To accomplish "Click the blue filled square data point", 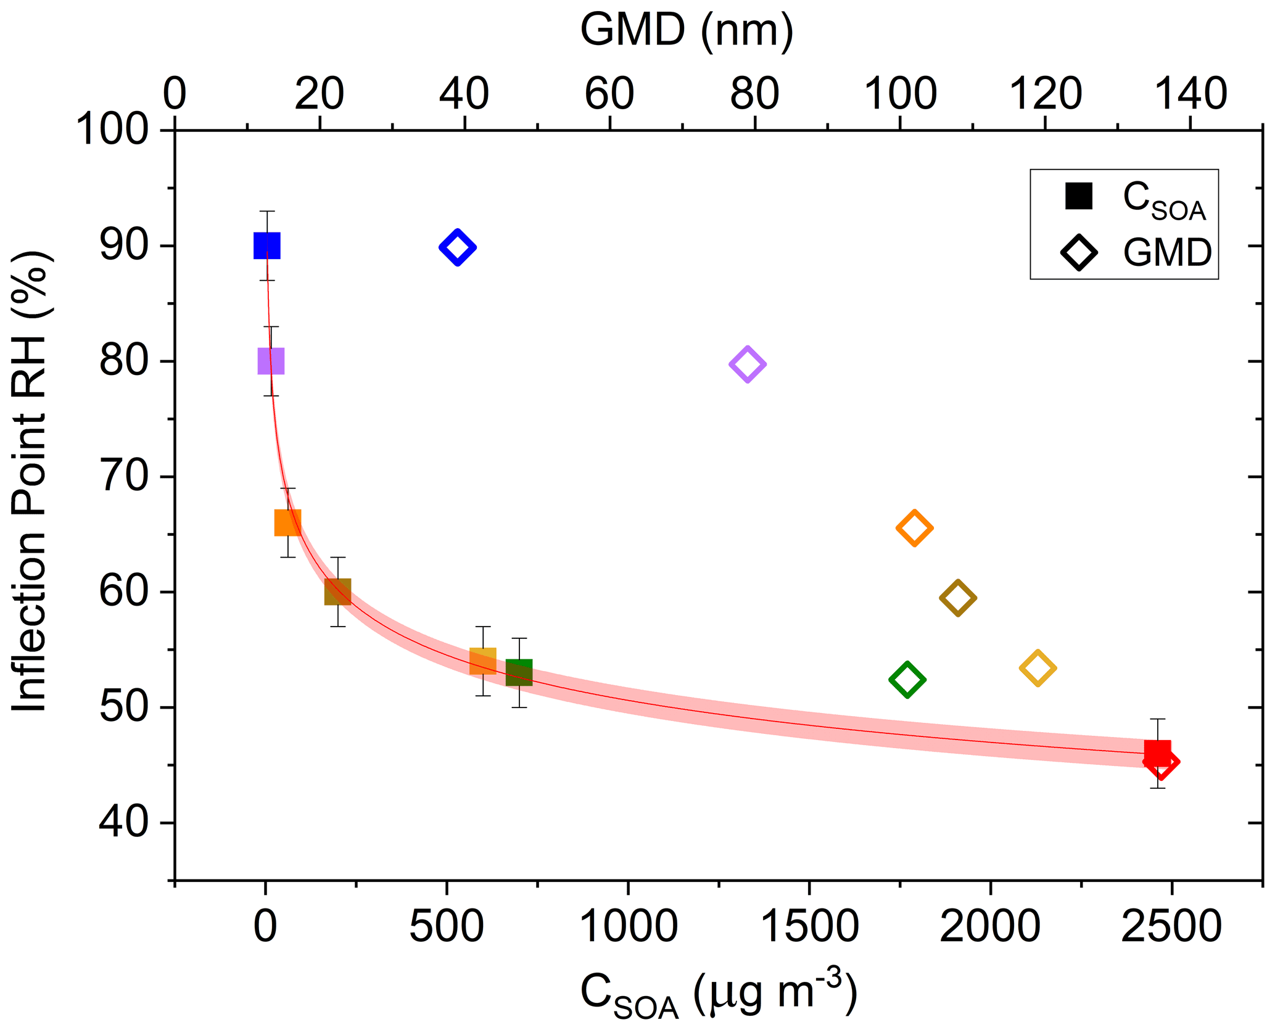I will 266,246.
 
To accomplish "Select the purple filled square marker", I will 271,361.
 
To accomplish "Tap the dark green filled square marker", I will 519,672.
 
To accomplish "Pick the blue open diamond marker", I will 457,247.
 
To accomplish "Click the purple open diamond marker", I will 748,364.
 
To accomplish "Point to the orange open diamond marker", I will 914,528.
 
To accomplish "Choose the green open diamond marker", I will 907,680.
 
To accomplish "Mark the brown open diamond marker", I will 957,598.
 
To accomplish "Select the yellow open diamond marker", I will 1038,668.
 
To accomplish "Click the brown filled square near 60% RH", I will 338,591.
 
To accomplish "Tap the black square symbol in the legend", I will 1079,196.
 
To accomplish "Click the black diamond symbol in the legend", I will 1079,252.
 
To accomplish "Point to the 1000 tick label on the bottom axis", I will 629,926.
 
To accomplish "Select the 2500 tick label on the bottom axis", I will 1171,926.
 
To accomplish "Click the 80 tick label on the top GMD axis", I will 754,94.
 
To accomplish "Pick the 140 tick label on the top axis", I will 1190,94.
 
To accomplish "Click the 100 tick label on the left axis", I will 112,130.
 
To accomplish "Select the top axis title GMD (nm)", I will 687,30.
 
